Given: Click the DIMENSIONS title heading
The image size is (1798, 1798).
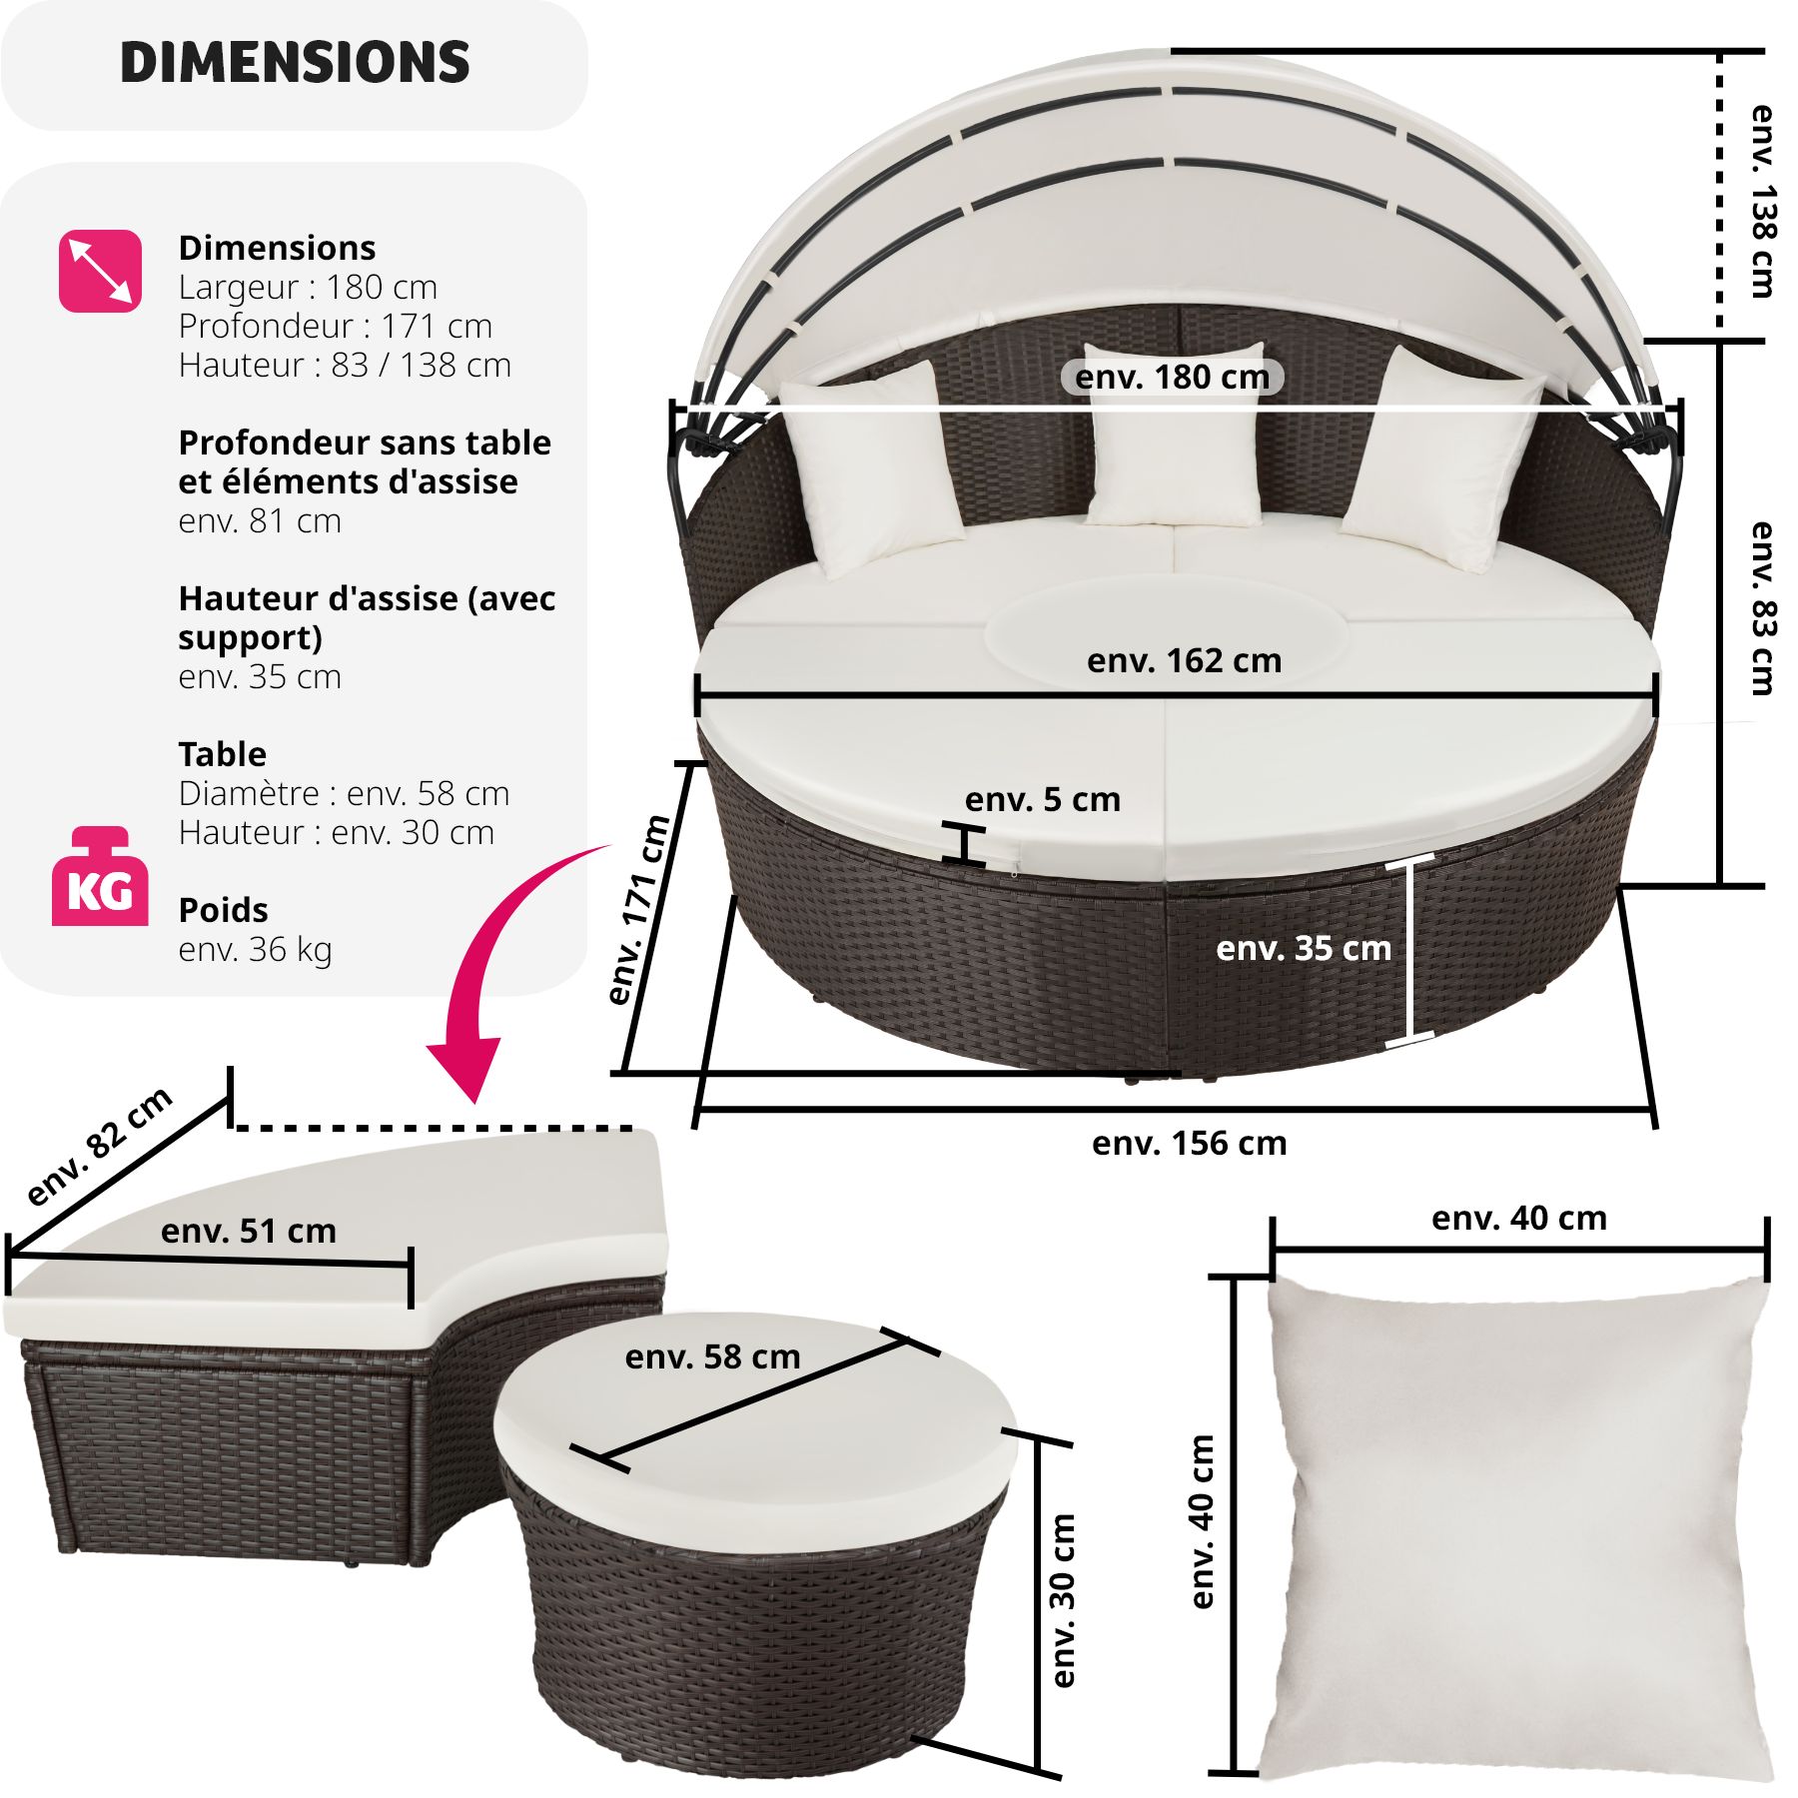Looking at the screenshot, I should tap(295, 62).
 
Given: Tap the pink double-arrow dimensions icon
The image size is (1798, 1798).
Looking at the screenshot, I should tap(100, 271).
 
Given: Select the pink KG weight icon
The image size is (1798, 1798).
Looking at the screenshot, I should tap(100, 877).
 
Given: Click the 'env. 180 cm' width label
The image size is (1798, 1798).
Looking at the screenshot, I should tap(1172, 377).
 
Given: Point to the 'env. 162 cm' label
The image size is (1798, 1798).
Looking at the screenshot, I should tap(1184, 660).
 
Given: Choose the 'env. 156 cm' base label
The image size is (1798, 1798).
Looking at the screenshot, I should tap(1189, 1143).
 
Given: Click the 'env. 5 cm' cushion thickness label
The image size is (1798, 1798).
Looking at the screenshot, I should tap(1042, 799).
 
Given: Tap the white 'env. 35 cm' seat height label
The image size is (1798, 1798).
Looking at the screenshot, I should tap(1303, 948).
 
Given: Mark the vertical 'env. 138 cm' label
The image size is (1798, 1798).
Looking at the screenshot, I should tap(1762, 200).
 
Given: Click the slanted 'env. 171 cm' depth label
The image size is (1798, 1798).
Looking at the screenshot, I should tap(639, 909).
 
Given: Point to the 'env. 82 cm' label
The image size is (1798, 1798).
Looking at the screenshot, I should tap(100, 1146).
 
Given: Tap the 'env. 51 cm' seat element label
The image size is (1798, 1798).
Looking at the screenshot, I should tap(249, 1231).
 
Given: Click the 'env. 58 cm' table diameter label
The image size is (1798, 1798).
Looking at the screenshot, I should tap(712, 1356).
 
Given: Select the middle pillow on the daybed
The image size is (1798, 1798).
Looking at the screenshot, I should tap(1175, 436).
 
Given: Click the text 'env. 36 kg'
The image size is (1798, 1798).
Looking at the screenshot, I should tap(255, 949).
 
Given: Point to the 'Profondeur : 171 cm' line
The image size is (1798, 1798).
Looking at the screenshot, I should tap(335, 326).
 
